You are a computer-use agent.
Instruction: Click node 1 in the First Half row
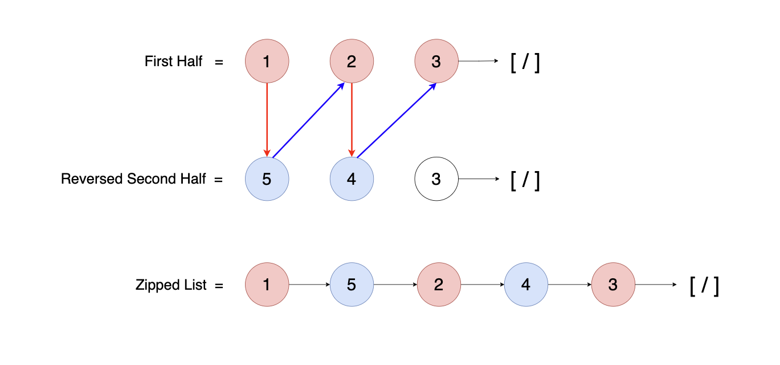(x=267, y=61)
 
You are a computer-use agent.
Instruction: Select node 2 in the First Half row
(x=352, y=61)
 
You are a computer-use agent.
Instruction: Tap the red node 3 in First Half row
(x=436, y=61)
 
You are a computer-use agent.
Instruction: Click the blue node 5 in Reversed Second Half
(x=267, y=179)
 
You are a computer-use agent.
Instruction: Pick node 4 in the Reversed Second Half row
(x=352, y=179)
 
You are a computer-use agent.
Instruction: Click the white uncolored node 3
(x=436, y=179)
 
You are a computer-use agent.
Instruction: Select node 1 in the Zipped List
(x=267, y=285)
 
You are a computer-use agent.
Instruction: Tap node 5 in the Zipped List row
(x=352, y=285)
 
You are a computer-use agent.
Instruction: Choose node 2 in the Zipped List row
(x=439, y=285)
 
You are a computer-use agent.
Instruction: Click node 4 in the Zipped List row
(x=526, y=285)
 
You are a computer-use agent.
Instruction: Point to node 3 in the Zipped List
(x=613, y=285)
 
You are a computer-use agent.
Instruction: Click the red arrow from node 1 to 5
(x=267, y=120)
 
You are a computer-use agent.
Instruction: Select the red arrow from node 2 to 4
(x=352, y=120)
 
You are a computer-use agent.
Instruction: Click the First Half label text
(x=173, y=62)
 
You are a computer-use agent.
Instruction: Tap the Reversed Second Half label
(x=133, y=179)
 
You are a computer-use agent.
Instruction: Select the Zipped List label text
(x=171, y=285)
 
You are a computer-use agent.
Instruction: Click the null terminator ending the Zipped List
(x=704, y=285)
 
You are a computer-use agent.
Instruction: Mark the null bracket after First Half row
(x=525, y=62)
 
